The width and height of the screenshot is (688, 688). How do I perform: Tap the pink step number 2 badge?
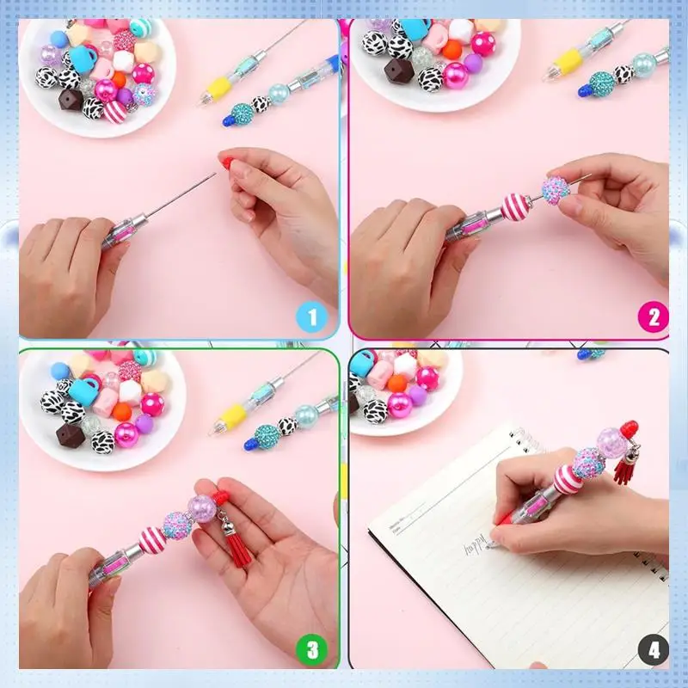coord(653,317)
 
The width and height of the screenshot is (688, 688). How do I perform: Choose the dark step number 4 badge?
coord(654,650)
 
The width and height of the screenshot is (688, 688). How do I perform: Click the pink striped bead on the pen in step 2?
coord(517,206)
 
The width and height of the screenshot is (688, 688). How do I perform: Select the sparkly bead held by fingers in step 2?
coord(555,189)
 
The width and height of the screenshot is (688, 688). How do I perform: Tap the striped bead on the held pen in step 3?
coord(155,539)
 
